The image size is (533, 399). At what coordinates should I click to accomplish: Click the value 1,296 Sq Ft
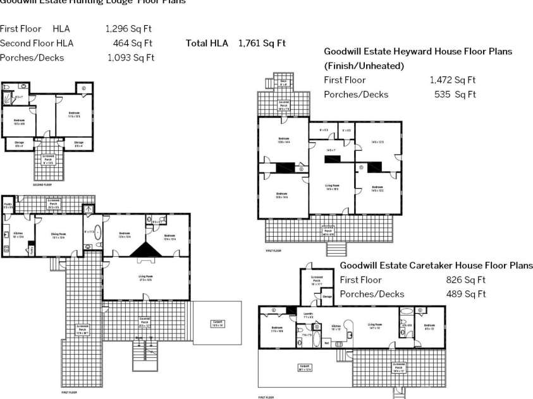point(128,28)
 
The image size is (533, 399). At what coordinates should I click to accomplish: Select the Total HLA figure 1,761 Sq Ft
point(262,43)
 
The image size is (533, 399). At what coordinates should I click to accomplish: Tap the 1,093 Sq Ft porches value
point(130,58)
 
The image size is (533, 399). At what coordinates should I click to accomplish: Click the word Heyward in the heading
point(419,51)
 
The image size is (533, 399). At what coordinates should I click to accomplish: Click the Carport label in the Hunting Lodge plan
point(217,323)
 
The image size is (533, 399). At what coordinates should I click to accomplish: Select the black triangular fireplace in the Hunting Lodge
point(147,249)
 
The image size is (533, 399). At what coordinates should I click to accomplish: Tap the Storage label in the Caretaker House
point(328,295)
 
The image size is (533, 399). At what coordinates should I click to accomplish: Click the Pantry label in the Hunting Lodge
point(8,205)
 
